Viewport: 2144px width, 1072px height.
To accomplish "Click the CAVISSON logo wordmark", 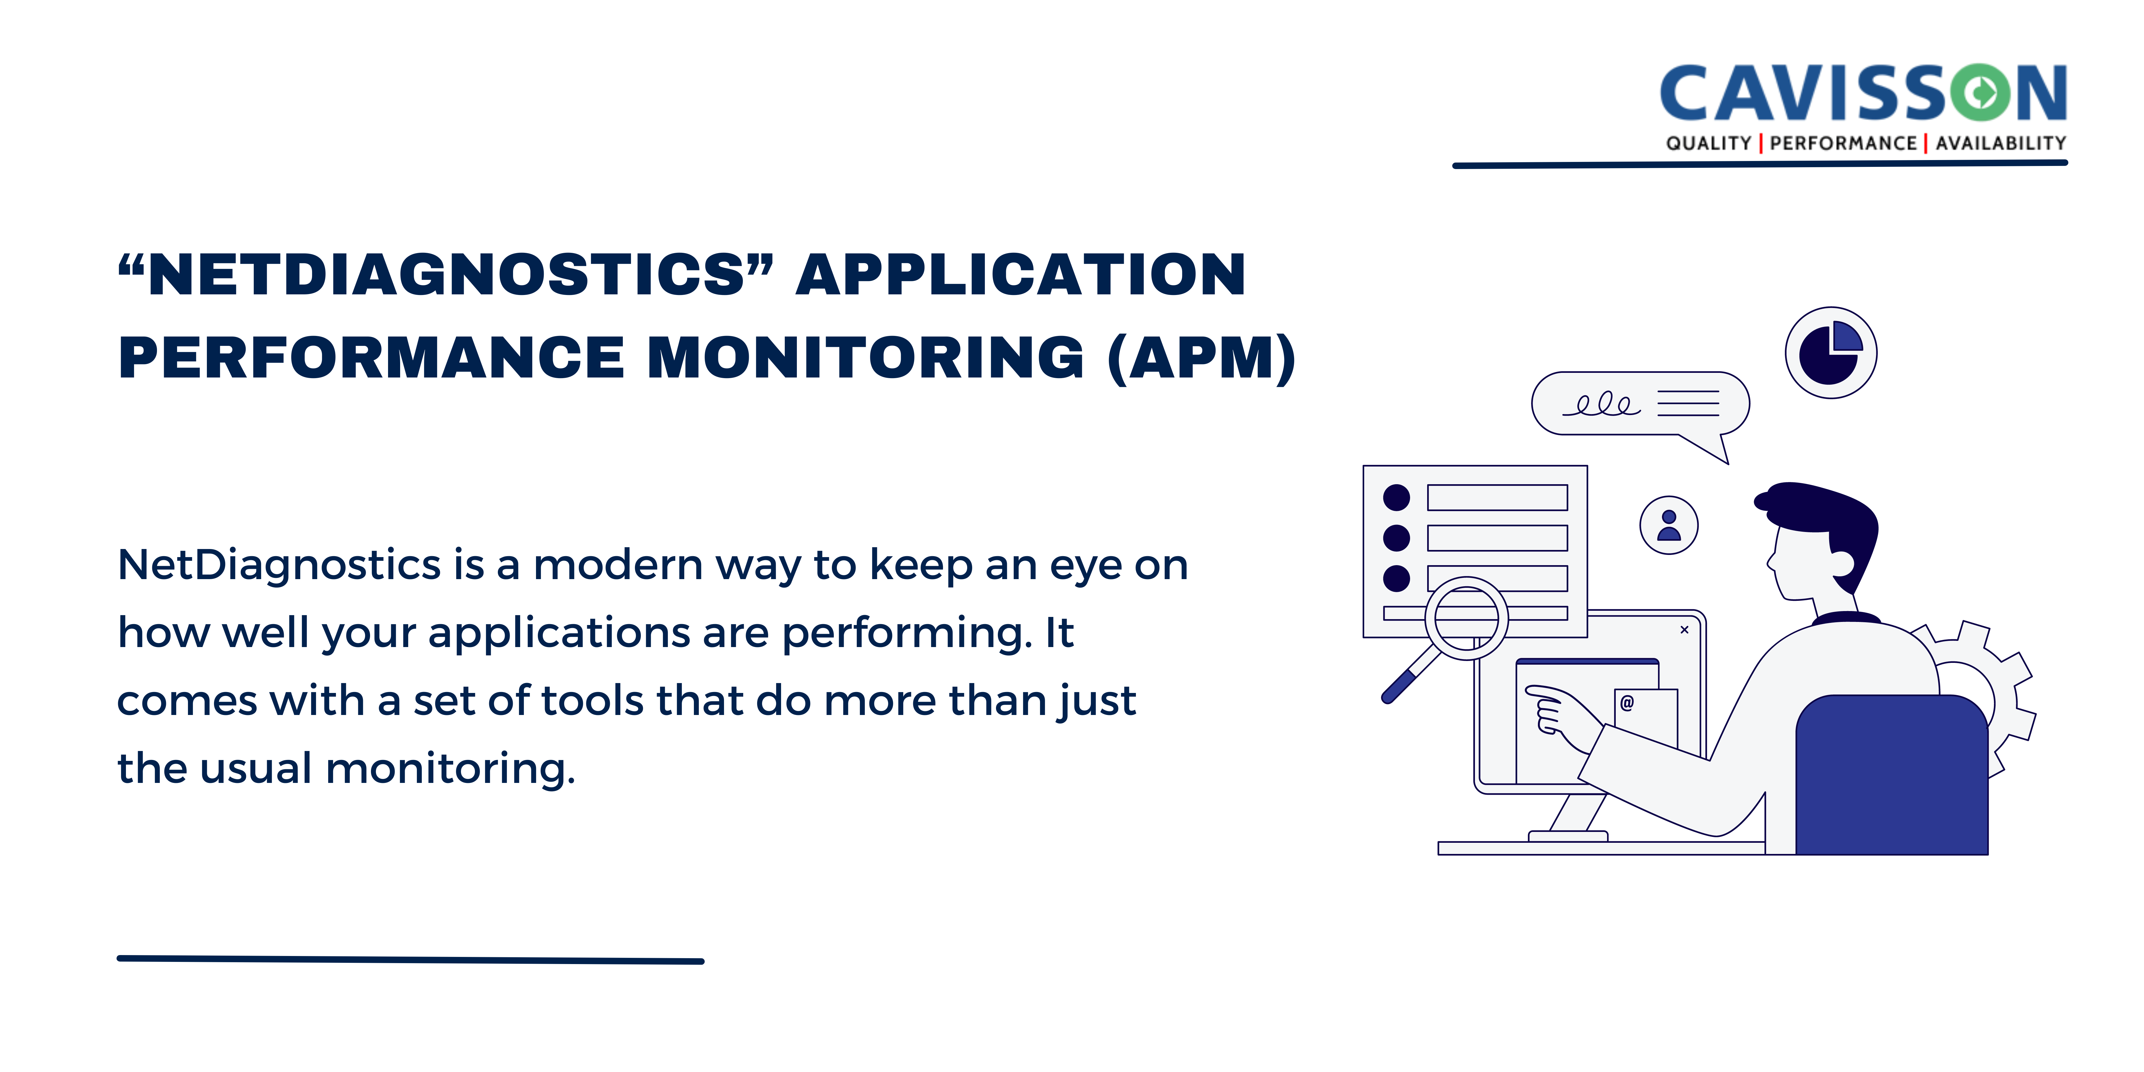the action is pos(1863,93).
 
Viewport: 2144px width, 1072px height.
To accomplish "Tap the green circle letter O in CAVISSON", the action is pos(1982,92).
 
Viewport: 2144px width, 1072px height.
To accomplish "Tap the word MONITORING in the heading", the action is pos(866,358).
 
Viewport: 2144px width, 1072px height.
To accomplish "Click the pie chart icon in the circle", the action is pos(1830,353).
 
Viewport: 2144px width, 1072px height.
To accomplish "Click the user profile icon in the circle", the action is pos(1669,525).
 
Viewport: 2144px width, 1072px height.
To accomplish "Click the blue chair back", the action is pos(1891,774).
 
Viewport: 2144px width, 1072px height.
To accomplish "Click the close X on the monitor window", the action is pos(1684,630).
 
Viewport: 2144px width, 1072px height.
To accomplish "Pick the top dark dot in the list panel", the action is pos(1396,498).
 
